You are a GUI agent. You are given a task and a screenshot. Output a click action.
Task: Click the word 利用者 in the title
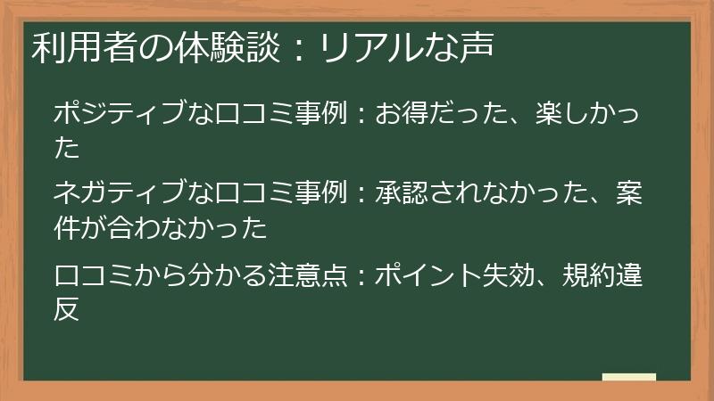pos(75,46)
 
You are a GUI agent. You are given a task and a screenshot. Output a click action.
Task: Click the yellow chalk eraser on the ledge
pos(628,377)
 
